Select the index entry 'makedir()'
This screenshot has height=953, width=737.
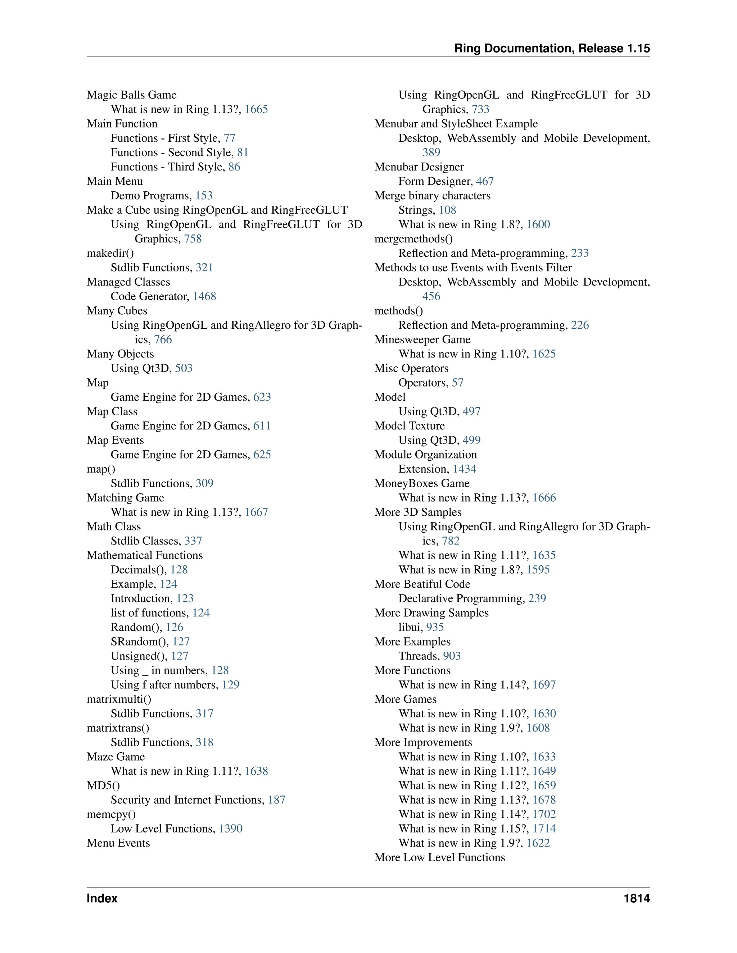110,253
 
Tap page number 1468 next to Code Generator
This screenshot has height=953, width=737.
204,296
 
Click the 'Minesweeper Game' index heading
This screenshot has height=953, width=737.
422,339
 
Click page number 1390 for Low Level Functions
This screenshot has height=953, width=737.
231,829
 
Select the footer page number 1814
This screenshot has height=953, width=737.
637,898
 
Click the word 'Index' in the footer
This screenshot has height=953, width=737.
102,898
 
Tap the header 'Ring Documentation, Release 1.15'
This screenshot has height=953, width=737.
552,49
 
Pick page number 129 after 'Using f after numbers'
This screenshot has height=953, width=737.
231,685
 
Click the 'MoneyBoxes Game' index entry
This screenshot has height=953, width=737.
422,483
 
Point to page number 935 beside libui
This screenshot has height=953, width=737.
435,627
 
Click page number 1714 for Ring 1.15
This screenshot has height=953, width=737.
544,829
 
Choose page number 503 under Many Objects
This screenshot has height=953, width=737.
184,368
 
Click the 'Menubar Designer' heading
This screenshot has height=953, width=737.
419,167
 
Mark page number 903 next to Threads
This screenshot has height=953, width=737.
452,656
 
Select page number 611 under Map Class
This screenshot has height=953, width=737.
262,426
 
